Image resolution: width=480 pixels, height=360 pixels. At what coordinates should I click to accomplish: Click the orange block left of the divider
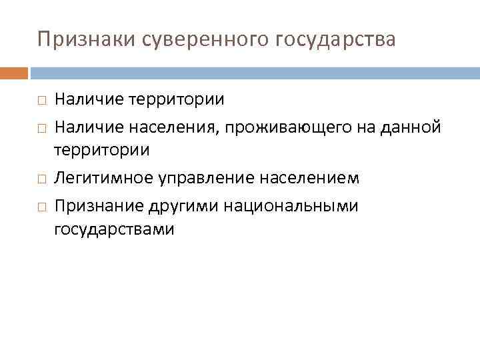point(14,72)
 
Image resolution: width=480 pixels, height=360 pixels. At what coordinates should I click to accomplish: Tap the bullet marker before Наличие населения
point(41,127)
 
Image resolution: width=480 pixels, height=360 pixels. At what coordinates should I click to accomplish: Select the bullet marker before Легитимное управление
point(41,179)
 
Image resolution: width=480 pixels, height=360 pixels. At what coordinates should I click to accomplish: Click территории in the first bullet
point(176,100)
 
